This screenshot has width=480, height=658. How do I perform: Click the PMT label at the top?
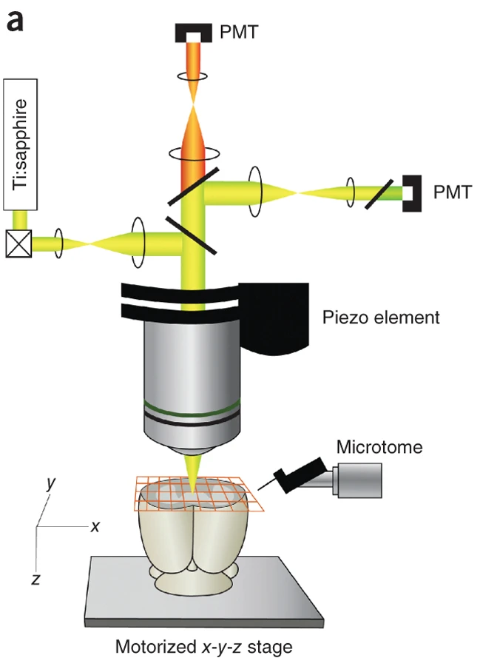[239, 32]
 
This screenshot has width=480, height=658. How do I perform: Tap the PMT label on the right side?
[453, 192]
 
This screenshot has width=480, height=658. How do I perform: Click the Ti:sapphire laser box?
[20, 144]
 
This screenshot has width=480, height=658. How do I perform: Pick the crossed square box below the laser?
[18, 244]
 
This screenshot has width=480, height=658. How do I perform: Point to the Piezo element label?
[381, 318]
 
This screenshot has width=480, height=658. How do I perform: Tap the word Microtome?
[379, 447]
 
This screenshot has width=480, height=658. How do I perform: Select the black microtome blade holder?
[299, 475]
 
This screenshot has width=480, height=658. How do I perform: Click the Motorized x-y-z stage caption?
[203, 647]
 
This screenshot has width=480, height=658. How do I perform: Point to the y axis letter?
[51, 483]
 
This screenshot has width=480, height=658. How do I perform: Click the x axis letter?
[95, 526]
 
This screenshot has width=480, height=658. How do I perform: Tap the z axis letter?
[36, 579]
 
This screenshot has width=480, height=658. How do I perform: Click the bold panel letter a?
[15, 21]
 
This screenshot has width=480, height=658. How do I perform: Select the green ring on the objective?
[192, 406]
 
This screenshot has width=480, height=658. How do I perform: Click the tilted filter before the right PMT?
[379, 195]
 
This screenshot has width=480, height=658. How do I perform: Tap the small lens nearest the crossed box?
[58, 244]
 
